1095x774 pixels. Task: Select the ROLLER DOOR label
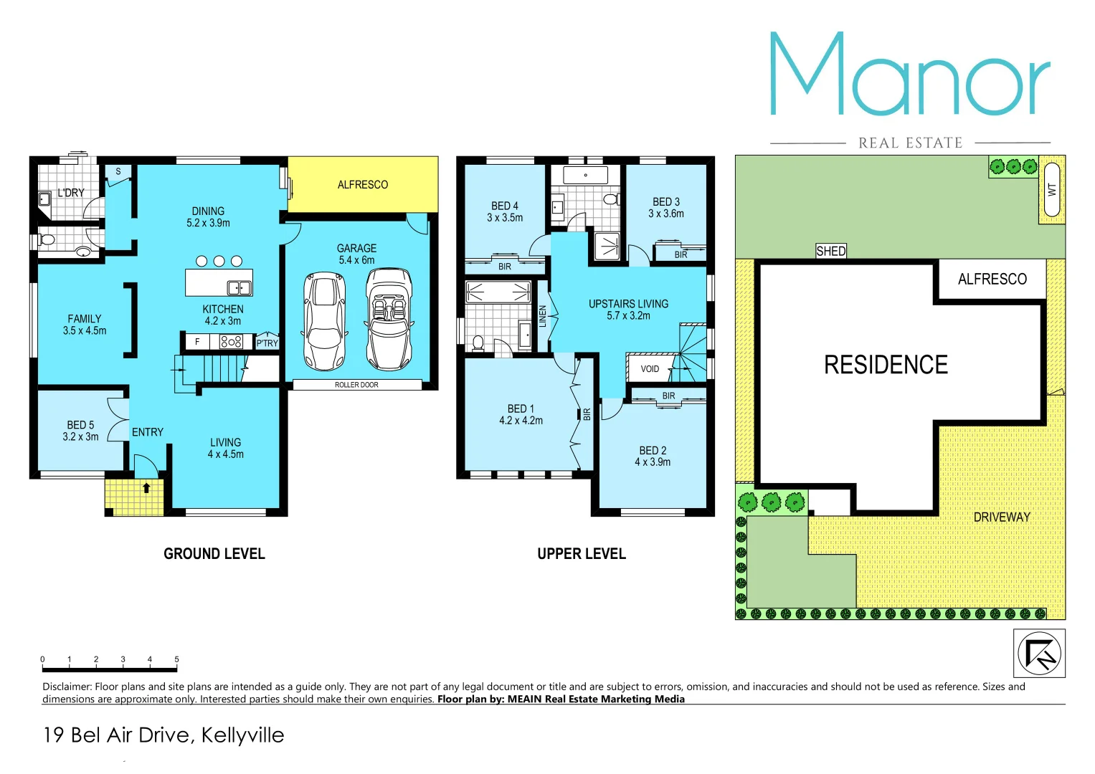click(356, 385)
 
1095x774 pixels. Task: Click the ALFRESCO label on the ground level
click(362, 185)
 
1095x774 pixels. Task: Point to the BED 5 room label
click(80, 426)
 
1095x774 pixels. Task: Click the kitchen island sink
click(239, 288)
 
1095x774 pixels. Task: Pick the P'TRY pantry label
click(267, 343)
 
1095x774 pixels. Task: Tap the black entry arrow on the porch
click(146, 488)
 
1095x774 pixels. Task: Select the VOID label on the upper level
click(650, 369)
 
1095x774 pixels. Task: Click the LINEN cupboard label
click(543, 316)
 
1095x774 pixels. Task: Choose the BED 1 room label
click(521, 409)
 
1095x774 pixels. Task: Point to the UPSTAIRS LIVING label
click(628, 305)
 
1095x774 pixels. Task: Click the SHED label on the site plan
click(831, 251)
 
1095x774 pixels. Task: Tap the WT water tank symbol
click(1052, 190)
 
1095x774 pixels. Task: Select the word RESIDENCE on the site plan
click(886, 365)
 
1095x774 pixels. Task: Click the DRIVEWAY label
click(1001, 517)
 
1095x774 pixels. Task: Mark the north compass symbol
click(1039, 653)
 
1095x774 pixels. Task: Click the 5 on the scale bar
click(176, 659)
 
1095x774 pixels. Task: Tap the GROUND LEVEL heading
click(214, 554)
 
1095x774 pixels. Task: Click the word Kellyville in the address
click(242, 735)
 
